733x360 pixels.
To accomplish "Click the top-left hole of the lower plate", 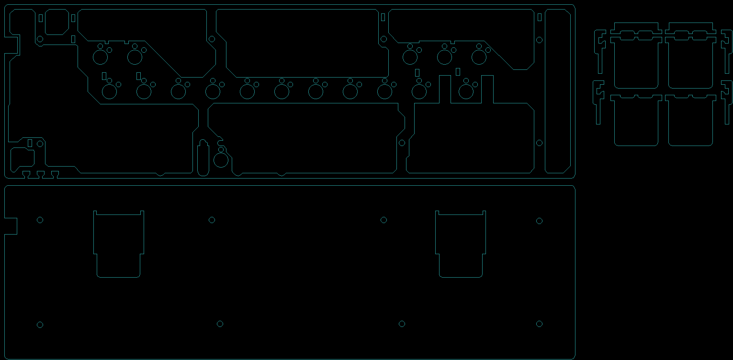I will tap(40, 220).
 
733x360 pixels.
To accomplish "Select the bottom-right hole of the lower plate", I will tap(539, 324).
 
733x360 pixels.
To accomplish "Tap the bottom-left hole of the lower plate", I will tap(40, 325).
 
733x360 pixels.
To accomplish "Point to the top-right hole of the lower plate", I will tap(539, 221).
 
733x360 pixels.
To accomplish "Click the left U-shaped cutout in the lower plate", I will tap(119, 244).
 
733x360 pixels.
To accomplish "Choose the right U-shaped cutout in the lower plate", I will tap(461, 244).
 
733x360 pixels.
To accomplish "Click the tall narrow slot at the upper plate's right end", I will tap(557, 91).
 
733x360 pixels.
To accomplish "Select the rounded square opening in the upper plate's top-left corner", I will tap(56, 22).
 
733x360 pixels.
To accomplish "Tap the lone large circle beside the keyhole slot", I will tap(221, 160).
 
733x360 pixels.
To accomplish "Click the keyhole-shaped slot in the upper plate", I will tap(203, 158).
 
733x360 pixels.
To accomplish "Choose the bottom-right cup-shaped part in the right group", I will tap(690, 121).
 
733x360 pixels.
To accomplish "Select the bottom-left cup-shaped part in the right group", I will tap(636, 121).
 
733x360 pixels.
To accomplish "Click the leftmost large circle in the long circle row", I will tap(110, 91).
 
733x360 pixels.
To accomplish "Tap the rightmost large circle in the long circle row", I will tap(466, 91).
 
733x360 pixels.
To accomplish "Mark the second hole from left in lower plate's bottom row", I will tap(220, 324).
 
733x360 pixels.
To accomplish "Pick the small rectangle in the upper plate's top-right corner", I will tap(540, 17).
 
